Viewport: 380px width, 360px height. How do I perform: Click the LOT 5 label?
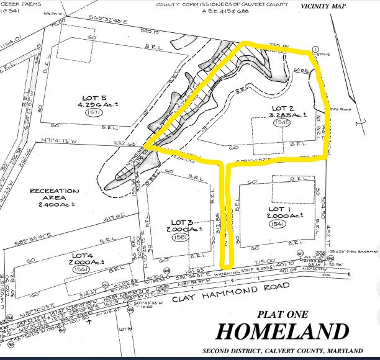tap(94, 97)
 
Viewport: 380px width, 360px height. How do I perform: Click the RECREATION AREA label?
tap(55, 195)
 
